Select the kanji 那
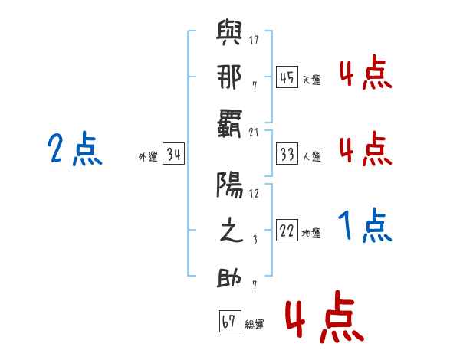pyautogui.click(x=229, y=77)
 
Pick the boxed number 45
pyautogui.click(x=287, y=77)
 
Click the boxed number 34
pyautogui.click(x=173, y=155)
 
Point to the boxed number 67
pyautogui.click(x=229, y=322)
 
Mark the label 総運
pyautogui.click(x=255, y=324)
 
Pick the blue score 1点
pyautogui.click(x=365, y=225)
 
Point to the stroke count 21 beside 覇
pyautogui.click(x=254, y=131)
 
